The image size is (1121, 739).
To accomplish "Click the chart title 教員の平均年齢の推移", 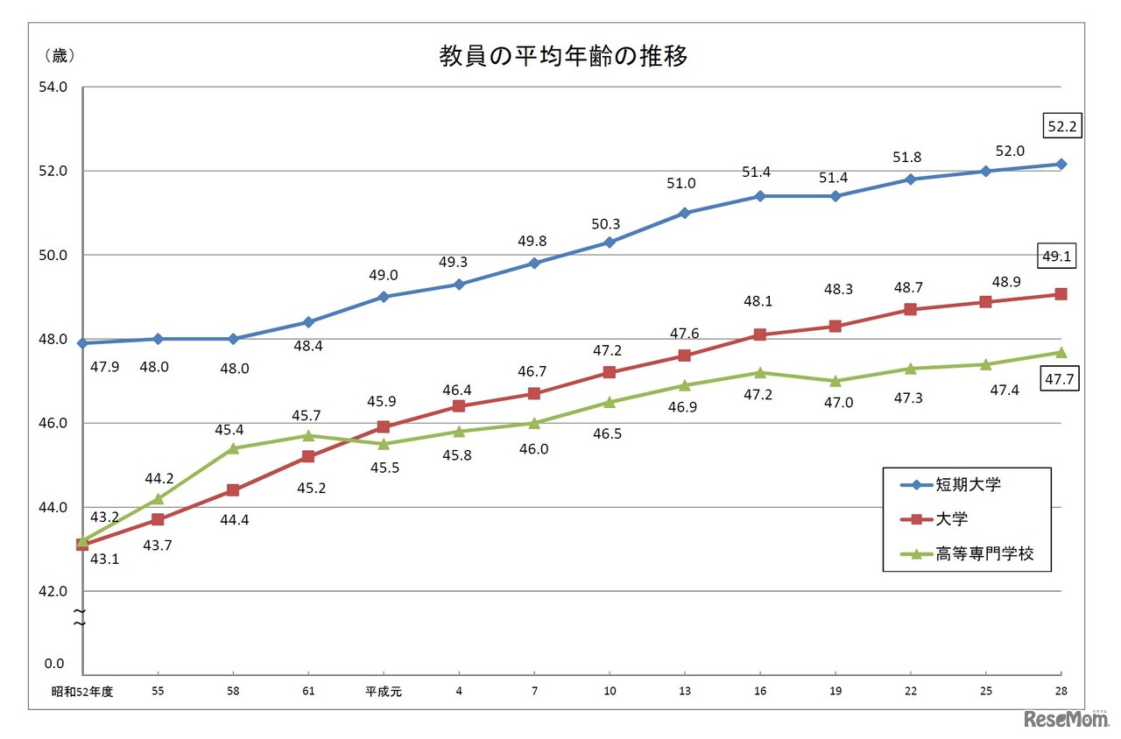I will [563, 57].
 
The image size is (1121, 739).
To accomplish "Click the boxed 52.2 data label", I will [1062, 127].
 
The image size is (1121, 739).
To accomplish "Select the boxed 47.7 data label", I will [1061, 380].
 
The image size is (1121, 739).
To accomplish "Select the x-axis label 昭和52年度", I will [82, 691].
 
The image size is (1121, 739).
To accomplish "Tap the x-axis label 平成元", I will [384, 691].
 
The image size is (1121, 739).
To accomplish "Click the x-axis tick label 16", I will [759, 691].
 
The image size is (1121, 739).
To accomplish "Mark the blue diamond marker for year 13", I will [685, 213].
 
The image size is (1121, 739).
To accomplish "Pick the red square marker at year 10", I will [610, 372].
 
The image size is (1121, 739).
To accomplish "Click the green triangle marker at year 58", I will [233, 448].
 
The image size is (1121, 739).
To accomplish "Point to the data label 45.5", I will [384, 468].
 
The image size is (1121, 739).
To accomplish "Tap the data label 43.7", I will [157, 545].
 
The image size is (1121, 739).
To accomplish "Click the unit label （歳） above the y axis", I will [59, 56].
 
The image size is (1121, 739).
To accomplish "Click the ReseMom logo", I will [1065, 718].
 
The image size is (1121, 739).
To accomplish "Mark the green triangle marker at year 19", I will [835, 381].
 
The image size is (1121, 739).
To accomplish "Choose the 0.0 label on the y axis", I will [54, 665].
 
